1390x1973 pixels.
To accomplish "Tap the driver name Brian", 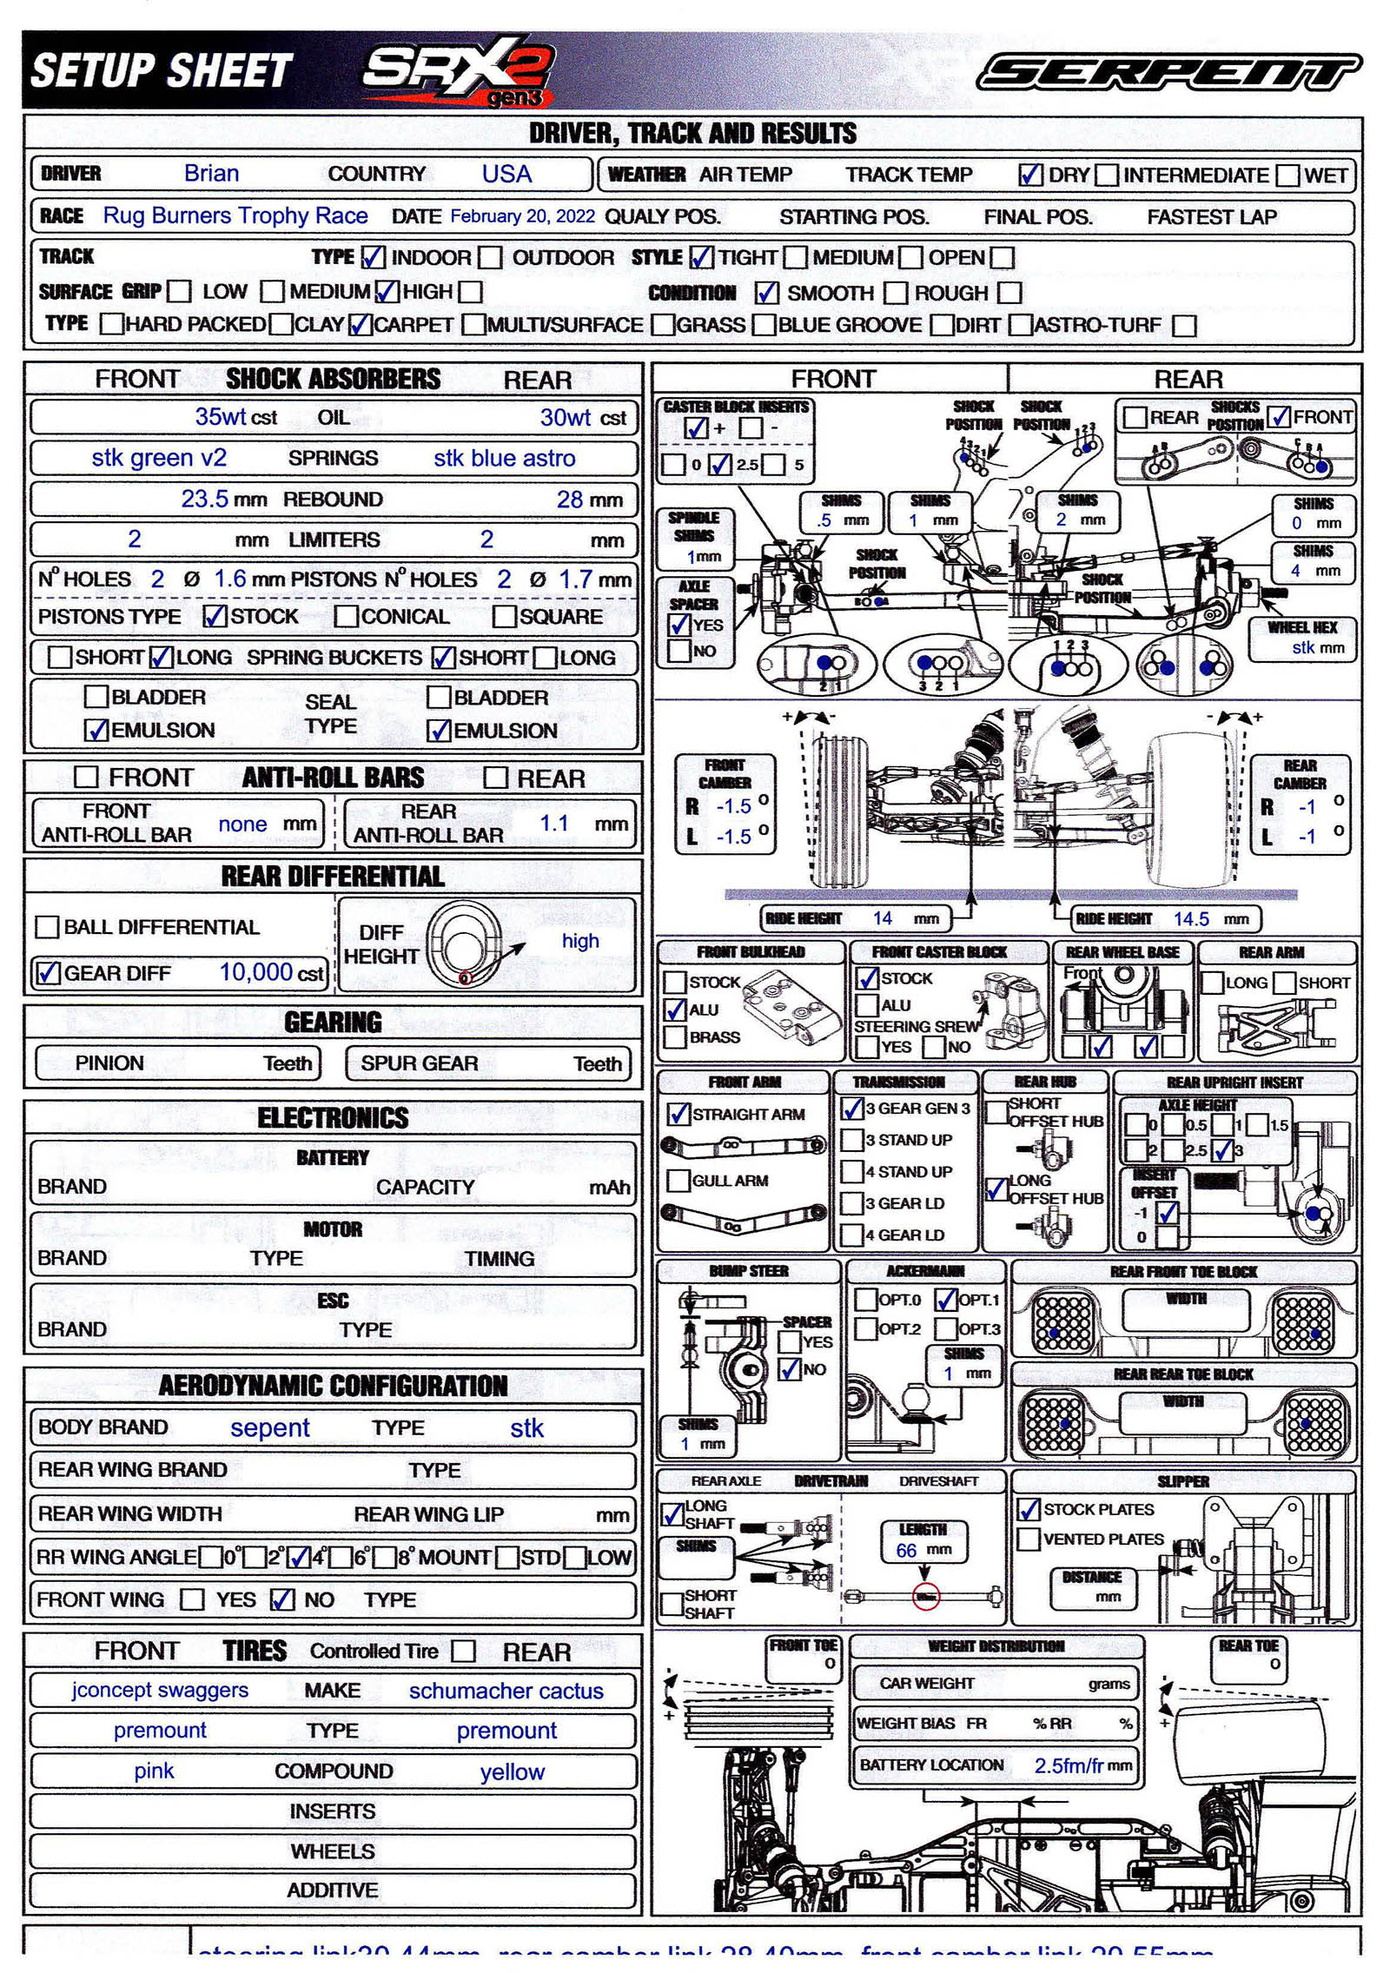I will [x=211, y=173].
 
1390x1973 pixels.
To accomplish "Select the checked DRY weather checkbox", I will [x=1030, y=175].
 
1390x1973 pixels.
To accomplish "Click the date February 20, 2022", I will [x=522, y=216].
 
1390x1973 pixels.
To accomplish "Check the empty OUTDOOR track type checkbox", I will [x=491, y=257].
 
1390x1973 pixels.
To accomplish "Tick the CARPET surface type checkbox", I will [x=360, y=325].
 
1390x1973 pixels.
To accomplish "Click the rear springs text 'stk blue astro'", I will [x=504, y=458].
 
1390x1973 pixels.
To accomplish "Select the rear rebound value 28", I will [x=569, y=500].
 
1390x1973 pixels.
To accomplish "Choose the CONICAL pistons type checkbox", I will [x=347, y=616].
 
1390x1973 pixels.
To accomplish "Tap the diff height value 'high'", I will [x=579, y=940].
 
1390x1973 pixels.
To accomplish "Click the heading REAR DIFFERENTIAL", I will [x=333, y=876].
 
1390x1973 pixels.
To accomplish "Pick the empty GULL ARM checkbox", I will [x=678, y=1181].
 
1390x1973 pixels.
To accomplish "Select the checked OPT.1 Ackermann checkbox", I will [x=945, y=1300].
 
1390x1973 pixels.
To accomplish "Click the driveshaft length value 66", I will [x=906, y=1551].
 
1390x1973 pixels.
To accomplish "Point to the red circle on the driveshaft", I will [x=926, y=1597].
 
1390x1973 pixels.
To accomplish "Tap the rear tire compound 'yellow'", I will [x=513, y=1772].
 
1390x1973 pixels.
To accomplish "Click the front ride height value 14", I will [x=882, y=918].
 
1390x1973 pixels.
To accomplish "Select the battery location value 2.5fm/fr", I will [x=1069, y=1765].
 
